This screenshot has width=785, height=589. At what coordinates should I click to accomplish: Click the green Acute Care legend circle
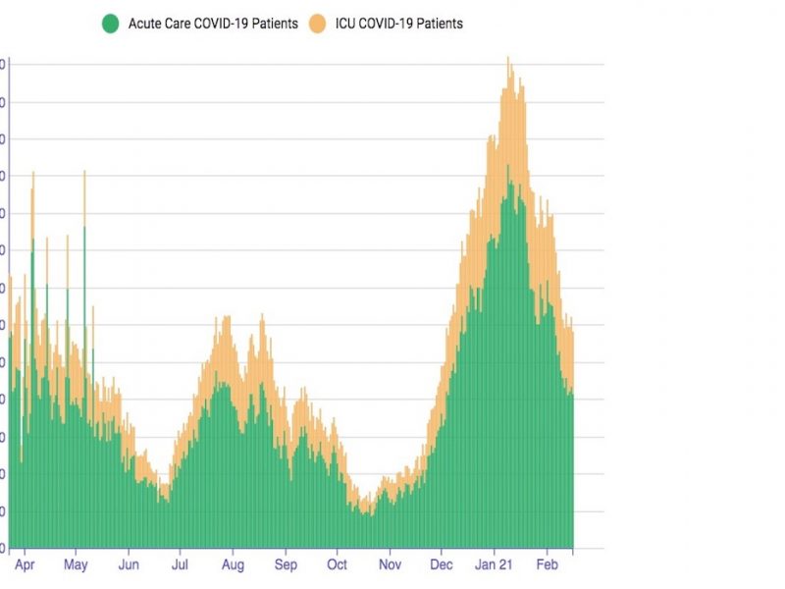[x=112, y=23]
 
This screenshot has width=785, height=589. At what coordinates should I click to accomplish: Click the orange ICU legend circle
[x=318, y=23]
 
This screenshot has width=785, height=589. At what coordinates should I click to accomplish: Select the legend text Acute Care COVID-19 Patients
[x=213, y=23]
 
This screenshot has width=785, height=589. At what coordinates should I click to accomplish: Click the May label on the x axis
[x=76, y=565]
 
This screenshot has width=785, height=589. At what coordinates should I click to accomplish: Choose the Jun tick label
[x=129, y=565]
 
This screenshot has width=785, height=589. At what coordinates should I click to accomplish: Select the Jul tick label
[x=181, y=565]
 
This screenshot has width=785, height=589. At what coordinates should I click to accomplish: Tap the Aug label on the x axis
[x=234, y=565]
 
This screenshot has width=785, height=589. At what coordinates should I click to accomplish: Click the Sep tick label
[x=286, y=565]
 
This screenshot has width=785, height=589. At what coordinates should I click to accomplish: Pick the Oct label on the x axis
[x=337, y=565]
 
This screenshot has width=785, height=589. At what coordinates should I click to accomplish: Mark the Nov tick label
[x=390, y=565]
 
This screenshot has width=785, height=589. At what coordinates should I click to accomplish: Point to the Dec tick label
[x=442, y=565]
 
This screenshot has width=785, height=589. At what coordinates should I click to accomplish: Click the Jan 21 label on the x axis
[x=494, y=565]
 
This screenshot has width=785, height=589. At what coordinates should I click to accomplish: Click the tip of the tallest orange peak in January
[x=507, y=58]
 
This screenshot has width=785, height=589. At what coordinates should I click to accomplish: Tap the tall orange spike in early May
[x=84, y=173]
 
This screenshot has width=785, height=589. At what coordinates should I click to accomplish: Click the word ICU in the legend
[x=347, y=23]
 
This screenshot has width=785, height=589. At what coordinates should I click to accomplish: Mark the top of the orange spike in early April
[x=32, y=174]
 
